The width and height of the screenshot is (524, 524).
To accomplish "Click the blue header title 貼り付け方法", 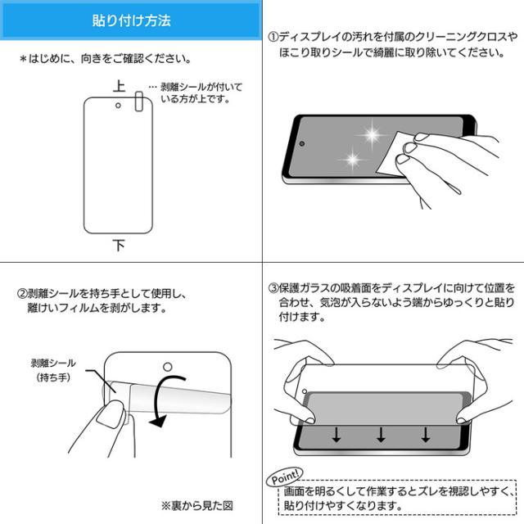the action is tap(131, 20).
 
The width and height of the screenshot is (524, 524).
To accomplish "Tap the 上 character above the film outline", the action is tap(119, 86).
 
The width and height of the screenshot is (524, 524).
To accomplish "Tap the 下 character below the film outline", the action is tap(119, 246).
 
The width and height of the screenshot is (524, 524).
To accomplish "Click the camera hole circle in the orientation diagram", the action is tap(118, 106).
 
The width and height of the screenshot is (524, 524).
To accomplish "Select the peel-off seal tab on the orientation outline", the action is tap(139, 101).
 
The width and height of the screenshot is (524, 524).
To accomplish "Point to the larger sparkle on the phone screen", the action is tap(373, 134).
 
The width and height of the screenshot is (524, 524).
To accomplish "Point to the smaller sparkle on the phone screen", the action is tap(353, 159).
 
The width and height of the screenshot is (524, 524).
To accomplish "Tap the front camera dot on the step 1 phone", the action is tap(302, 144).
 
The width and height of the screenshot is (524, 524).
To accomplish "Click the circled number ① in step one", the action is tap(273, 37).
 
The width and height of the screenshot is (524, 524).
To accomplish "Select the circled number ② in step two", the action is tap(22, 294).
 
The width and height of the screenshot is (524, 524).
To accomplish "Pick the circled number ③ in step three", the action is tap(273, 288).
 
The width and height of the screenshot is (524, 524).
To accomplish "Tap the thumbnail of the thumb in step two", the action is tap(111, 414).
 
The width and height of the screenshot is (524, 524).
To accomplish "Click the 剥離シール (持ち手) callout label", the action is tap(53, 370).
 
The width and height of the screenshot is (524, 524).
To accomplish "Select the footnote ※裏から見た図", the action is tap(196, 506).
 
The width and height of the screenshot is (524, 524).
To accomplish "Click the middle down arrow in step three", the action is tap(381, 435).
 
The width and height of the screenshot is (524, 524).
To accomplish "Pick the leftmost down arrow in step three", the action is tap(337, 435).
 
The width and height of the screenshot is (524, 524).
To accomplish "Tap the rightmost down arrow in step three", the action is tap(426, 435).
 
